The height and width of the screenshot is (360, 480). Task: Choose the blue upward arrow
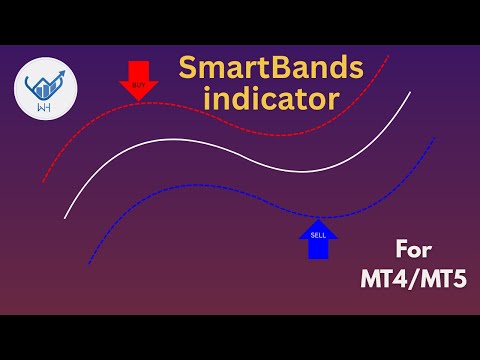click(x=319, y=240)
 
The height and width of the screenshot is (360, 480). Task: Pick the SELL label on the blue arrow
click(x=319, y=235)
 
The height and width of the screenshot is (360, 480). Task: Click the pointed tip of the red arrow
click(x=139, y=100)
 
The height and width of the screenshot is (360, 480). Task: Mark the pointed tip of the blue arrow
click(x=319, y=219)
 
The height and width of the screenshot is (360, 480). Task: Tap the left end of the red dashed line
click(x=44, y=181)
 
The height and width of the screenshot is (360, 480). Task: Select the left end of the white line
click(x=65, y=217)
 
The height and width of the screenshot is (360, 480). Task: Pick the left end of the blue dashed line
click(x=88, y=264)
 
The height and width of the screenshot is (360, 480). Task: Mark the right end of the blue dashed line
click(x=434, y=137)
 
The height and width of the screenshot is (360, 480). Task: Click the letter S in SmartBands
click(x=187, y=69)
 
